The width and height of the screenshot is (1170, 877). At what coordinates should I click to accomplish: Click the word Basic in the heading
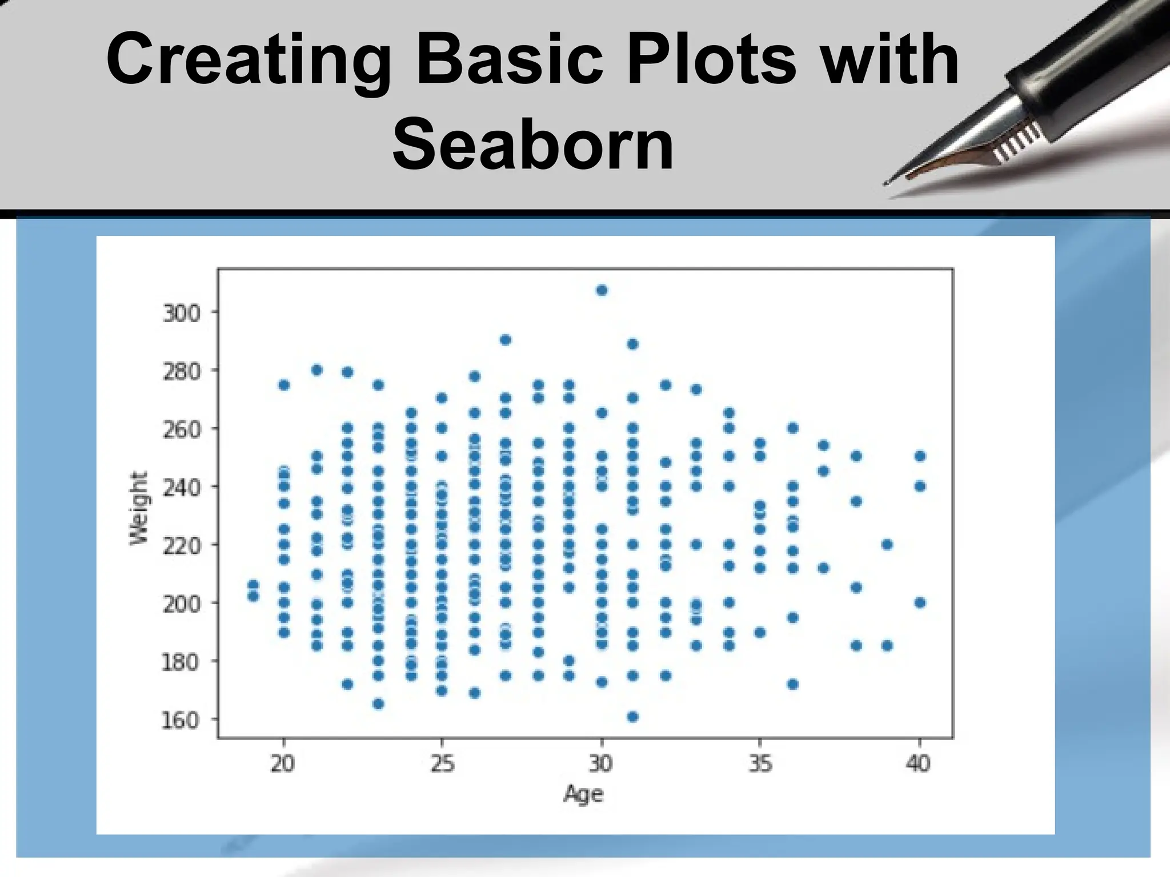tap(510, 59)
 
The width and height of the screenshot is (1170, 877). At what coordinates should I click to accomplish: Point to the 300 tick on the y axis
tap(182, 313)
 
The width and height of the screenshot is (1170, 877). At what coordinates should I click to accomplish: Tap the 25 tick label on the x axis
tap(442, 763)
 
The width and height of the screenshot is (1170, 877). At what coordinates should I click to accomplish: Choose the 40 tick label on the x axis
tap(919, 763)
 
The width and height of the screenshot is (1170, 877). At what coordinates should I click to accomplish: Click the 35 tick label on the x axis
tap(760, 763)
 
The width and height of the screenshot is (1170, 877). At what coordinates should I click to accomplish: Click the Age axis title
tap(583, 794)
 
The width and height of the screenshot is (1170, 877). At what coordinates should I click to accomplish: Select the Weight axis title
tap(139, 508)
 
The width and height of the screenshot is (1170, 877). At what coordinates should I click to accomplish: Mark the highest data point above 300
tap(602, 291)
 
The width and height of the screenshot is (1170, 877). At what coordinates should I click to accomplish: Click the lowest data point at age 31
tap(632, 717)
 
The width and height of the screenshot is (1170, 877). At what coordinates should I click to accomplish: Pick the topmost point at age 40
tap(920, 456)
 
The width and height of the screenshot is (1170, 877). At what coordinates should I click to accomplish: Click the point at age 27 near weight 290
tap(505, 340)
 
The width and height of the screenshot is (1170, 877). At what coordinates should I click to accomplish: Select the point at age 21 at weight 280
tap(317, 370)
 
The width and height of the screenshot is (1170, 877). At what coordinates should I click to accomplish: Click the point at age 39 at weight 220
tap(887, 544)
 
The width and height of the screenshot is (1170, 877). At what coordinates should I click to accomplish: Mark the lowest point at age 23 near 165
tap(378, 704)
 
